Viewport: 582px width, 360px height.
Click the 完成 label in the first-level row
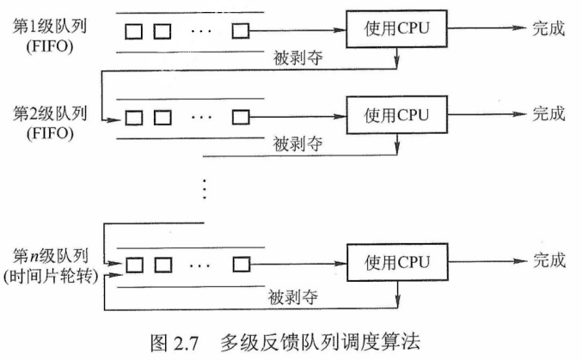pos(548,30)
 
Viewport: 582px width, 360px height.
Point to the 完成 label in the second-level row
pos(548,113)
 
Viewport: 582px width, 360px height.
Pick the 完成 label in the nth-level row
pos(548,259)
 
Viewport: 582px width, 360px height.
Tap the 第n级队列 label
pos(48,254)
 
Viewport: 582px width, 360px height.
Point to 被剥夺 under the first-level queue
pos(297,57)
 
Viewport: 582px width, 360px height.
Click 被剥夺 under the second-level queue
pos(297,143)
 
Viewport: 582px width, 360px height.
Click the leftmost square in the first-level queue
pos(133,32)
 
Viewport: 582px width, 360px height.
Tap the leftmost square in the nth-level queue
pos(133,262)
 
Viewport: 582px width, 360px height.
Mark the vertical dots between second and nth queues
pos(204,186)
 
